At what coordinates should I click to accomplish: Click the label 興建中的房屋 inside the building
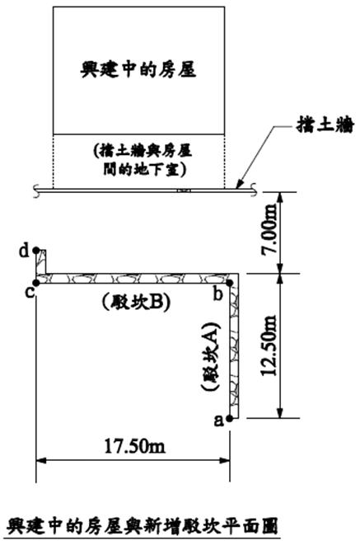(x=138, y=69)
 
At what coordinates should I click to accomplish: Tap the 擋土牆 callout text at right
(x=325, y=125)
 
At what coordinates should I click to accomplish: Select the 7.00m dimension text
(x=270, y=229)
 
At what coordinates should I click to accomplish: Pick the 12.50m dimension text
(x=270, y=345)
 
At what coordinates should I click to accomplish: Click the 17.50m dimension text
(x=135, y=446)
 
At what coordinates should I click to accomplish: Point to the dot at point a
(x=229, y=419)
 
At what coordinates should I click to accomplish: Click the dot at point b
(x=229, y=284)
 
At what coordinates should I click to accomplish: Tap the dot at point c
(x=35, y=284)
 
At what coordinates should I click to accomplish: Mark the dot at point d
(x=35, y=250)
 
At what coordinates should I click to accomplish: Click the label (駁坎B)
(x=137, y=303)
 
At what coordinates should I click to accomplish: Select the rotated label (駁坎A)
(x=212, y=357)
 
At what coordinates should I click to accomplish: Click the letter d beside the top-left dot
(x=24, y=251)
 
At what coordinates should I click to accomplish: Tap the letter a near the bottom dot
(x=218, y=420)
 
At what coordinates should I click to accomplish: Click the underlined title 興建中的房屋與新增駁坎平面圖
(x=143, y=526)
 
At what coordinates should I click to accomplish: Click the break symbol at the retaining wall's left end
(x=37, y=191)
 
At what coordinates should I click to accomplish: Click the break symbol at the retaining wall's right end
(x=255, y=190)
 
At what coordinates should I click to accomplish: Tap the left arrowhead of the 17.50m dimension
(x=40, y=461)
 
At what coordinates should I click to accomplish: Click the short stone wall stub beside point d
(x=40, y=261)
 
